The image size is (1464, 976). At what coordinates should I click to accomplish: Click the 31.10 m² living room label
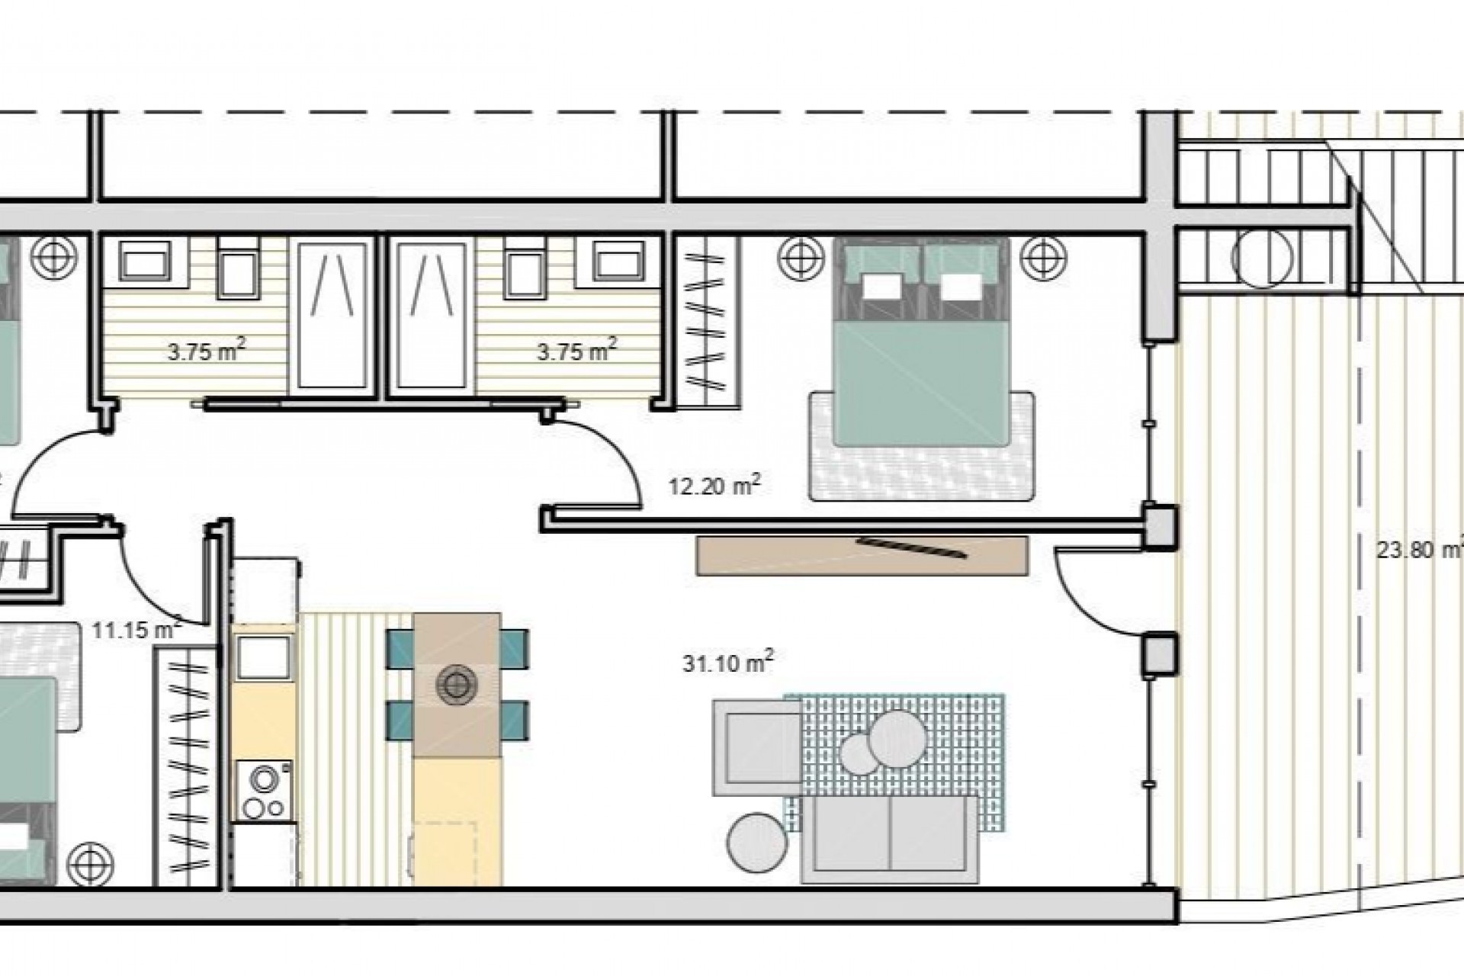click(x=727, y=662)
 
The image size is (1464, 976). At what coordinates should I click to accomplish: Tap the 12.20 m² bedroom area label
click(x=714, y=486)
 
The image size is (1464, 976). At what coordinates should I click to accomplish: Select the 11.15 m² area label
click(x=136, y=630)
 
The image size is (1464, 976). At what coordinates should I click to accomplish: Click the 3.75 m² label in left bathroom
click(x=207, y=352)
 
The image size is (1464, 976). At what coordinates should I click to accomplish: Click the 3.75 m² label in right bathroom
click(x=576, y=352)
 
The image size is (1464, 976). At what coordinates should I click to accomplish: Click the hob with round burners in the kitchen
click(x=264, y=791)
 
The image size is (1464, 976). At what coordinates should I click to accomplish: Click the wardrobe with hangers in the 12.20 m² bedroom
click(x=708, y=324)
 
